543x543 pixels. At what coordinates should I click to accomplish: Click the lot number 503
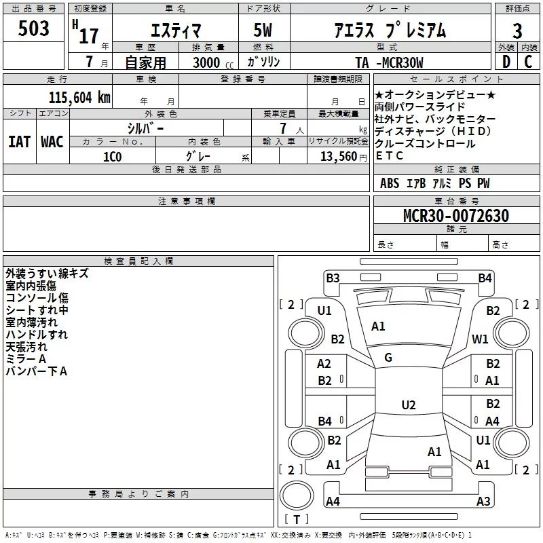pyautogui.click(x=34, y=29)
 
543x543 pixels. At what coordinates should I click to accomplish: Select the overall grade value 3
pyautogui.click(x=517, y=31)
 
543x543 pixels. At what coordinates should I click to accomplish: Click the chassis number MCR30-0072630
pyautogui.click(x=456, y=216)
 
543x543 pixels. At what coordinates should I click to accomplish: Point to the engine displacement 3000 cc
pyautogui.click(x=210, y=63)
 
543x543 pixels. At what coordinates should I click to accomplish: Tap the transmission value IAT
pyautogui.click(x=20, y=142)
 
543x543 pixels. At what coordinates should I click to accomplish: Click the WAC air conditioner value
pyautogui.click(x=52, y=142)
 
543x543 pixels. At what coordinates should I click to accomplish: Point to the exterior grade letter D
pyautogui.click(x=506, y=63)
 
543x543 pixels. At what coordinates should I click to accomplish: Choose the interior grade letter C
pyautogui.click(x=528, y=63)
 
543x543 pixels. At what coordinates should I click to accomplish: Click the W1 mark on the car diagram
pyautogui.click(x=481, y=339)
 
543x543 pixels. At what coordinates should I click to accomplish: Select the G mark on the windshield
pyautogui.click(x=388, y=358)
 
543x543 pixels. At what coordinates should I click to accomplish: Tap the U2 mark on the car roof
pyautogui.click(x=408, y=405)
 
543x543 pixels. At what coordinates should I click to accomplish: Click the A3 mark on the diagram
pyautogui.click(x=483, y=502)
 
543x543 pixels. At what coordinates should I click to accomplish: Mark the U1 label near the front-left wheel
pyautogui.click(x=324, y=311)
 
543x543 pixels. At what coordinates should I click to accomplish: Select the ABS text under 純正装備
pyautogui.click(x=390, y=183)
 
